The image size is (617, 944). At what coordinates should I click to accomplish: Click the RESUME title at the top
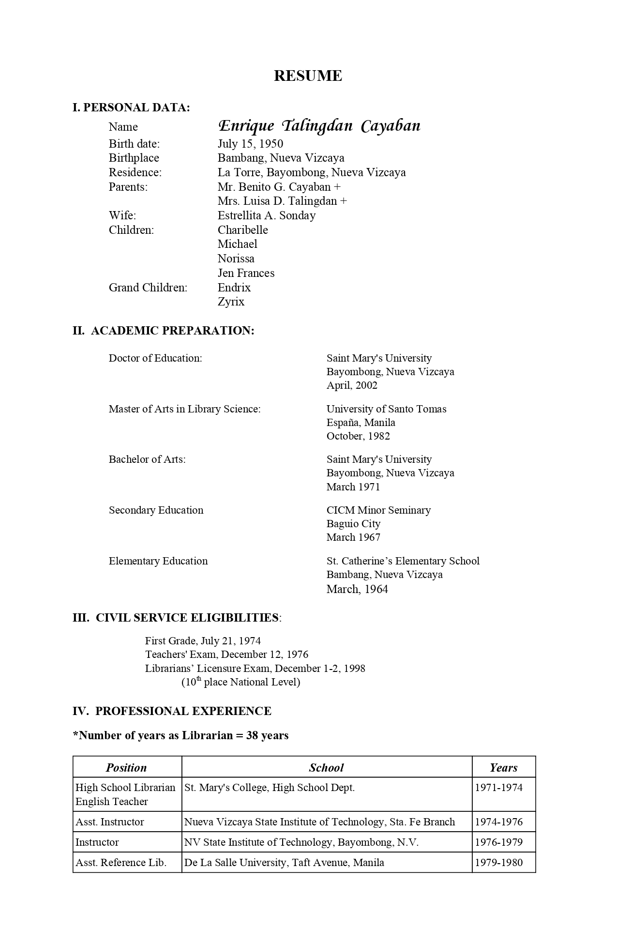pos(308,76)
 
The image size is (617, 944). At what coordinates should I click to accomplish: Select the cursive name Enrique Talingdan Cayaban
pos(319,126)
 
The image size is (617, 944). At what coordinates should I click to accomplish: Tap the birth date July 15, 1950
pos(250,144)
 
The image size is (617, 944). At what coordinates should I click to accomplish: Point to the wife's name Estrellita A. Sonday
pos(266,215)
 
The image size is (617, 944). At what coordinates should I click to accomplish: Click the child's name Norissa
pos(236,259)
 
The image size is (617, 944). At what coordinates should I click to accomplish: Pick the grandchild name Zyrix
pos(231,302)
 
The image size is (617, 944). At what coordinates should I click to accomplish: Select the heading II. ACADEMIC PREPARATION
pos(163,331)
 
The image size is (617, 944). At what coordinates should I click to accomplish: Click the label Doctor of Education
pos(155,358)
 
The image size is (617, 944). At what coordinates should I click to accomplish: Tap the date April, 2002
pos(352,385)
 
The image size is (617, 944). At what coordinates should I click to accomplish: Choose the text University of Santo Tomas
pos(386,409)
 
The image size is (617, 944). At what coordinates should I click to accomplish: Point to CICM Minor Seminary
pos(378,510)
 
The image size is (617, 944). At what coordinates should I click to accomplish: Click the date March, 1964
pos(357,589)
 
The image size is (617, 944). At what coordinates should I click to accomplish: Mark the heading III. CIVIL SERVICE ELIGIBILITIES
pos(177,618)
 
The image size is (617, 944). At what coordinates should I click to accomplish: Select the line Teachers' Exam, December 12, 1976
pos(226,655)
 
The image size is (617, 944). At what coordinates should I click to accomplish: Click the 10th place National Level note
pos(241,682)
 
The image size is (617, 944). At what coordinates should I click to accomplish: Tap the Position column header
pos(126,768)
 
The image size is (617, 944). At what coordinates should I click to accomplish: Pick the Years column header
pos(503,768)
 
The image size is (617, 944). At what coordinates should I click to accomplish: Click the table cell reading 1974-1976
pos(498,822)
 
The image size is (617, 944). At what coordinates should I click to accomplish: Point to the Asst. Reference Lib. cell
pos(121,863)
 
